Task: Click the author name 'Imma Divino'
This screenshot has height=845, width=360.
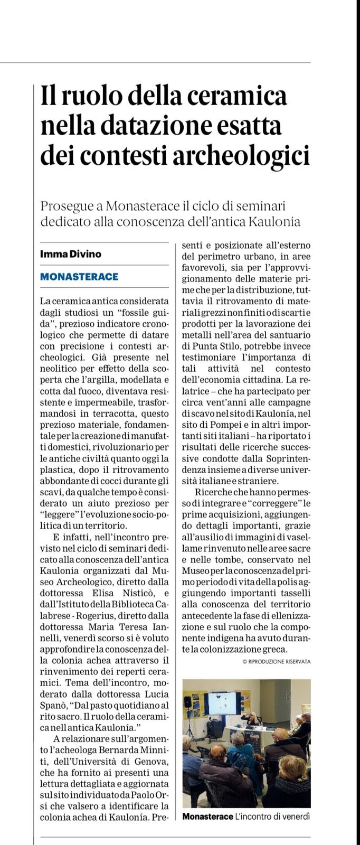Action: [71, 253]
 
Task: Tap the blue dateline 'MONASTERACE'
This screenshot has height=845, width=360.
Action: [79, 276]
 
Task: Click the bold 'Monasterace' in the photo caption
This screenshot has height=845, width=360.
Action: [207, 816]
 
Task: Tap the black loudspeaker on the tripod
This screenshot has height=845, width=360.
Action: [188, 702]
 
